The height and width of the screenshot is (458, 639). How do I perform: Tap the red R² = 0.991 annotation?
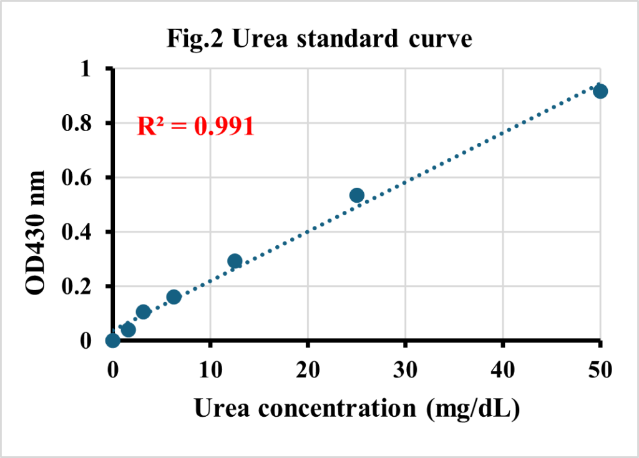195,126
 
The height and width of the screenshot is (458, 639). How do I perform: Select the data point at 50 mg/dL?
600,91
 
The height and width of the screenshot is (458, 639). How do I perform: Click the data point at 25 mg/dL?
357,195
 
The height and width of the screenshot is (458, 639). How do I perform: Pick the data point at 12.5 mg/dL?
235,261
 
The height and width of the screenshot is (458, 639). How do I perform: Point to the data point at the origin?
113,340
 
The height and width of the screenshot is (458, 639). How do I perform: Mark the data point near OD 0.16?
174,296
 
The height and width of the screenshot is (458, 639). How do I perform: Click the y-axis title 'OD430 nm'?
36,232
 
